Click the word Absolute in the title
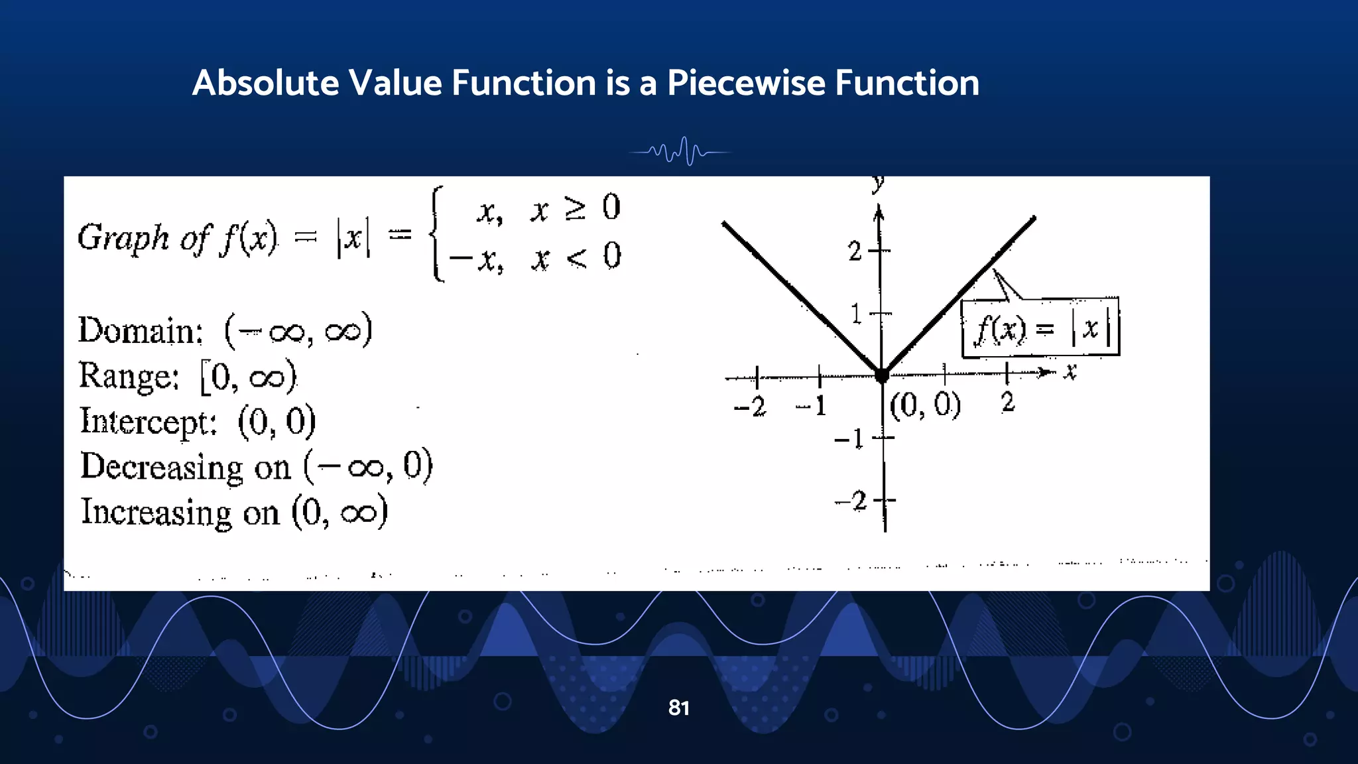[265, 84]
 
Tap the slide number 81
[678, 708]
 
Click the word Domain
[140, 331]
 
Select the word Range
[129, 376]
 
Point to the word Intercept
[148, 422]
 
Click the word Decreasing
[162, 467]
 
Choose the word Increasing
[156, 513]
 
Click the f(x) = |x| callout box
[1040, 328]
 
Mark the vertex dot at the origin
[882, 376]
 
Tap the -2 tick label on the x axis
[750, 406]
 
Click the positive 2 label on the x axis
[1008, 403]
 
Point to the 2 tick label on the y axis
[855, 251]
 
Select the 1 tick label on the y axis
[856, 314]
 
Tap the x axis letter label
[1070, 371]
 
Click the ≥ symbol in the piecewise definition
[575, 208]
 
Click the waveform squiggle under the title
[680, 152]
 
